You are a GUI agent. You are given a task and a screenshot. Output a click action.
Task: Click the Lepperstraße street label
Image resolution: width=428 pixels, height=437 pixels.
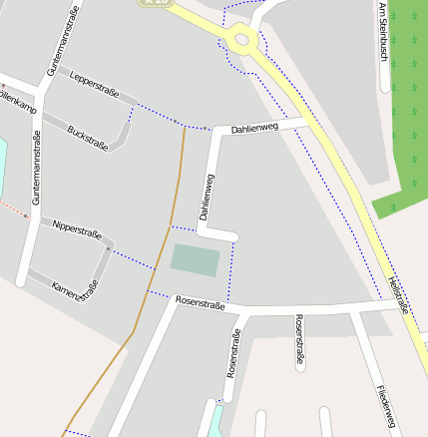96,87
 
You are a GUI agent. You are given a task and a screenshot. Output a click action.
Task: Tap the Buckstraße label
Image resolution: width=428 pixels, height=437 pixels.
88,138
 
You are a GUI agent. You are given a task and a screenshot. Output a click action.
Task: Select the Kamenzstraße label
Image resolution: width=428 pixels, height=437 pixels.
76,287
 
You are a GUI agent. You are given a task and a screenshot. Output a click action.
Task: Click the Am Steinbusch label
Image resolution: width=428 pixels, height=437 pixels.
383,32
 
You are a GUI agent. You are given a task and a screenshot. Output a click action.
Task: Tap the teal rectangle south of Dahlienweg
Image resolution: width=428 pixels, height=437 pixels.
195,260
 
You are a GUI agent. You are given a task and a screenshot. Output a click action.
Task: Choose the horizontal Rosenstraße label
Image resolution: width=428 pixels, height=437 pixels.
200,301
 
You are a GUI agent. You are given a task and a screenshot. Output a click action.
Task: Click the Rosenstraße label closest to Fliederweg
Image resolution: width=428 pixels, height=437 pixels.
298,339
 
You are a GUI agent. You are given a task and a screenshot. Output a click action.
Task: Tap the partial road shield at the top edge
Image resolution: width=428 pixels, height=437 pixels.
157,3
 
